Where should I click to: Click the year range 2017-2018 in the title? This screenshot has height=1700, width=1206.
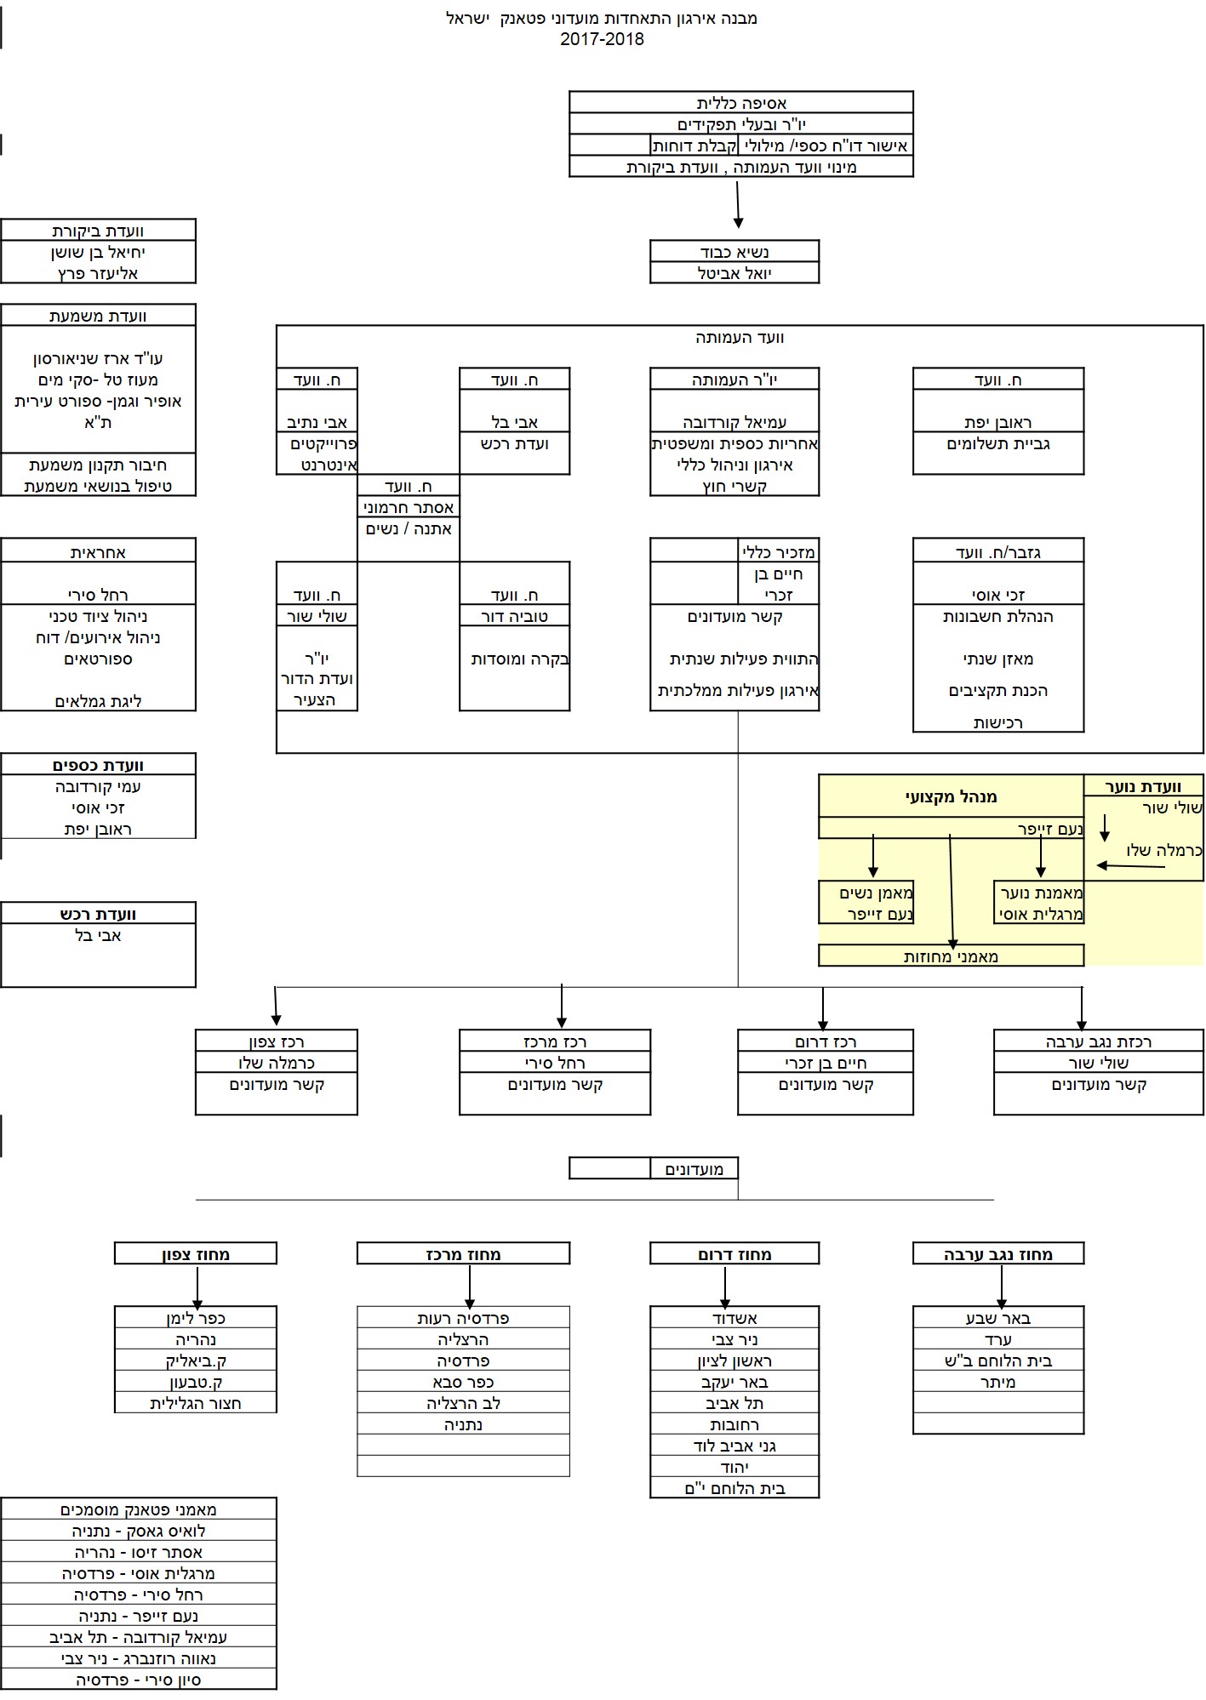coord(602,39)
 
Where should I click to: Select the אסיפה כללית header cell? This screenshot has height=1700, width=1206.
coord(740,103)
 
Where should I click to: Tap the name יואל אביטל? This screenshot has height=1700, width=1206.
coord(734,273)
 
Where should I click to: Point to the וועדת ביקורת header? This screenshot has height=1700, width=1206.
coord(98,231)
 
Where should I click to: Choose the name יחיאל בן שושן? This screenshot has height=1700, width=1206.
coord(98,252)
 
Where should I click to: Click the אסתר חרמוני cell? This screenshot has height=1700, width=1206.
coord(409,507)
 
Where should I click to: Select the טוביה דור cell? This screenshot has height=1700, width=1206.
coord(514,616)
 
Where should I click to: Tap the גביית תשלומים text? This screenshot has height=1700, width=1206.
coord(997,443)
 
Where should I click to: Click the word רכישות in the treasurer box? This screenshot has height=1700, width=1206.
coord(997,722)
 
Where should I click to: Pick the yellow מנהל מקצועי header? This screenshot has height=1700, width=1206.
coord(951,796)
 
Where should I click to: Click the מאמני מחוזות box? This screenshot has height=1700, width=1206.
coord(951,956)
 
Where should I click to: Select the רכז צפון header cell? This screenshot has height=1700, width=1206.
coord(276,1041)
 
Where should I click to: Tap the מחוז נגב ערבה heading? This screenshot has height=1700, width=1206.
coord(997,1254)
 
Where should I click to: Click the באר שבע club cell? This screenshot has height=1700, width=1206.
coord(997,1318)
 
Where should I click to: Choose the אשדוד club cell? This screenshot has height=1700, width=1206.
coord(734,1318)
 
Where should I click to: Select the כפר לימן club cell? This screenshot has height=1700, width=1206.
coord(195,1318)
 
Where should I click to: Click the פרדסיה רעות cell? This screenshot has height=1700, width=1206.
coord(463,1318)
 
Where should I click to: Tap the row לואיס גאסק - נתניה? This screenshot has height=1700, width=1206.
coord(138,1531)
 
